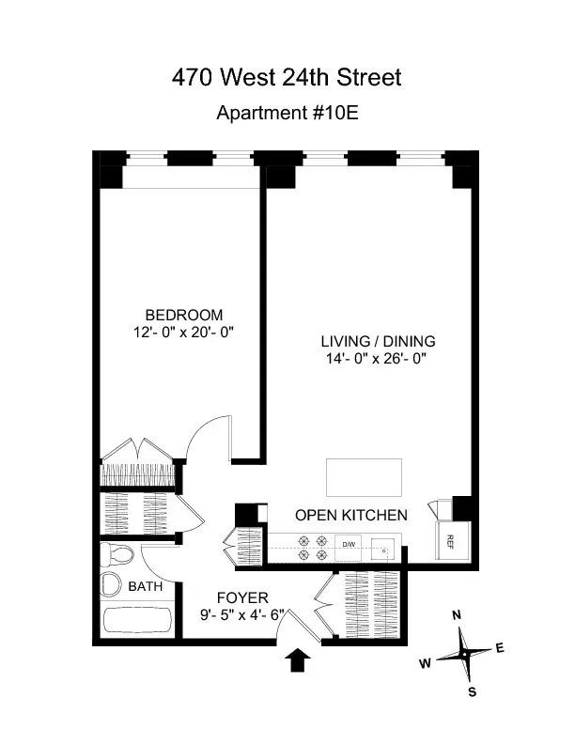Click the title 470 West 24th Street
click(x=287, y=77)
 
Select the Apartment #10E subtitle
click(x=287, y=113)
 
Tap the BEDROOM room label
click(x=183, y=315)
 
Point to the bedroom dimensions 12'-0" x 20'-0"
click(x=183, y=332)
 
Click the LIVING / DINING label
click(x=379, y=341)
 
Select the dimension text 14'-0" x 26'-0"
click(x=379, y=358)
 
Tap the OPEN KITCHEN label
click(x=350, y=515)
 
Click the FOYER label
click(x=242, y=597)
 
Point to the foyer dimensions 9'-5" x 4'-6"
click(x=242, y=615)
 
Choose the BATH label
click(x=145, y=587)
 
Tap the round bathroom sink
click(x=112, y=584)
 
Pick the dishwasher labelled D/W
click(x=349, y=545)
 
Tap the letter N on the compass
click(x=457, y=615)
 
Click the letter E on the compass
click(x=499, y=647)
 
